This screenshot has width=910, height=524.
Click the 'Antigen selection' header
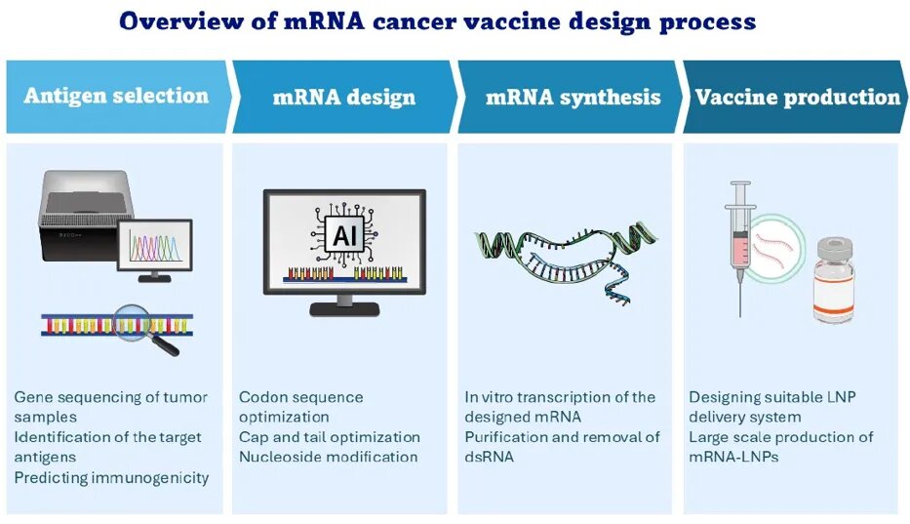(116, 96)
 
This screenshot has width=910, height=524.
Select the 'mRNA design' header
(343, 97)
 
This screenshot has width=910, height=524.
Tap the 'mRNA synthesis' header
(573, 97)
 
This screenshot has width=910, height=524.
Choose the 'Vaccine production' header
(797, 97)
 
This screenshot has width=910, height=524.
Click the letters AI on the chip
(344, 235)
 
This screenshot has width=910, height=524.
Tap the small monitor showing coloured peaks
(154, 243)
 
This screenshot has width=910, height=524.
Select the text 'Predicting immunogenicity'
(111, 477)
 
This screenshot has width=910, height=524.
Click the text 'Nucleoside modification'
(328, 457)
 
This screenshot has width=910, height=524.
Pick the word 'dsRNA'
(487, 457)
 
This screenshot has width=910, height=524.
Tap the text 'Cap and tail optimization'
(330, 437)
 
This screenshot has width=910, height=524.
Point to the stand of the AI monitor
(344, 304)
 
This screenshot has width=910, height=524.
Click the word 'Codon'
(261, 397)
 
